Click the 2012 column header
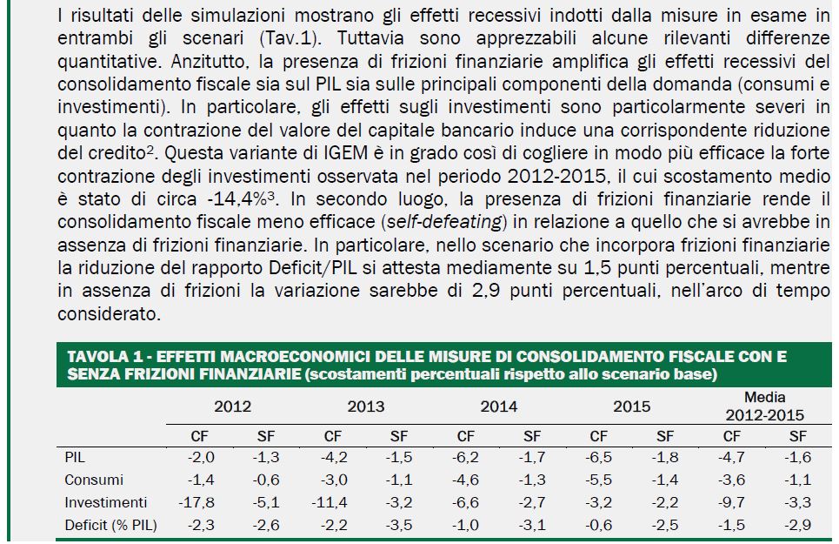(x=232, y=406)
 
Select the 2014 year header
(x=498, y=406)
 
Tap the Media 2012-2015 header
(x=765, y=406)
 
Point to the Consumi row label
(x=94, y=480)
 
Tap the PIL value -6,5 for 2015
(x=598, y=457)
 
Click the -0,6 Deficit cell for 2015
(x=598, y=525)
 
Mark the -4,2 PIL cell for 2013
(x=333, y=457)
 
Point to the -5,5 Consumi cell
(x=598, y=480)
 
